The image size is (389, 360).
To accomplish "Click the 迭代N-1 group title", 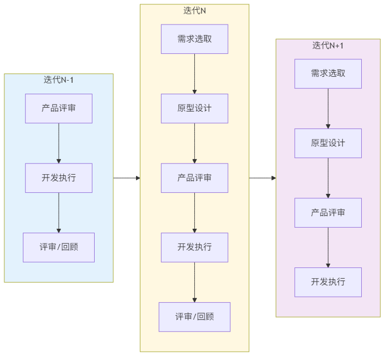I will [59, 80].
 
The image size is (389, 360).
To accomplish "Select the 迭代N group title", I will [195, 10].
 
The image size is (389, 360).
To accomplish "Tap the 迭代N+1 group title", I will [328, 45].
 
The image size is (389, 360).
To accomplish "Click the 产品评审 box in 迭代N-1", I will [59, 108].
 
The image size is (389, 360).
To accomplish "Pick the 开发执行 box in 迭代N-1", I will [59, 178].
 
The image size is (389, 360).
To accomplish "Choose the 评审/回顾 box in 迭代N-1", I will [59, 247].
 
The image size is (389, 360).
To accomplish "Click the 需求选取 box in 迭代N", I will [195, 39].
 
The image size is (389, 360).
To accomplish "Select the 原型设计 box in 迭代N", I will [195, 108].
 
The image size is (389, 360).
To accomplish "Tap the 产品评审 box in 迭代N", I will [195, 178].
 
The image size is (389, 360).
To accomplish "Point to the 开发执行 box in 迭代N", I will [195, 247].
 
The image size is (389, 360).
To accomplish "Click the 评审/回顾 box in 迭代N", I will [195, 317].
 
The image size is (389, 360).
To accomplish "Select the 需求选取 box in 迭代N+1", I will [328, 74].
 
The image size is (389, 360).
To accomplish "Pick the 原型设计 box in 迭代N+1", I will [328, 143].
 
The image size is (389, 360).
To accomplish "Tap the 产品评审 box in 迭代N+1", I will [328, 212].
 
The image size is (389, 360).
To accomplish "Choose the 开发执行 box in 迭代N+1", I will [328, 282].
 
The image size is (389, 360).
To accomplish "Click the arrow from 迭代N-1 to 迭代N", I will [127, 178].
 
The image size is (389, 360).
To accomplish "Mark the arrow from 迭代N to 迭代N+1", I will [262, 178].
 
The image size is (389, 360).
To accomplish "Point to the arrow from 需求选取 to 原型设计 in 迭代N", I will [195, 74].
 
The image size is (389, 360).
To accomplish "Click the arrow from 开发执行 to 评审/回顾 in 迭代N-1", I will [59, 212].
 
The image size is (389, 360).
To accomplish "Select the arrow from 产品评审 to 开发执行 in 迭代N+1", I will [328, 247].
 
